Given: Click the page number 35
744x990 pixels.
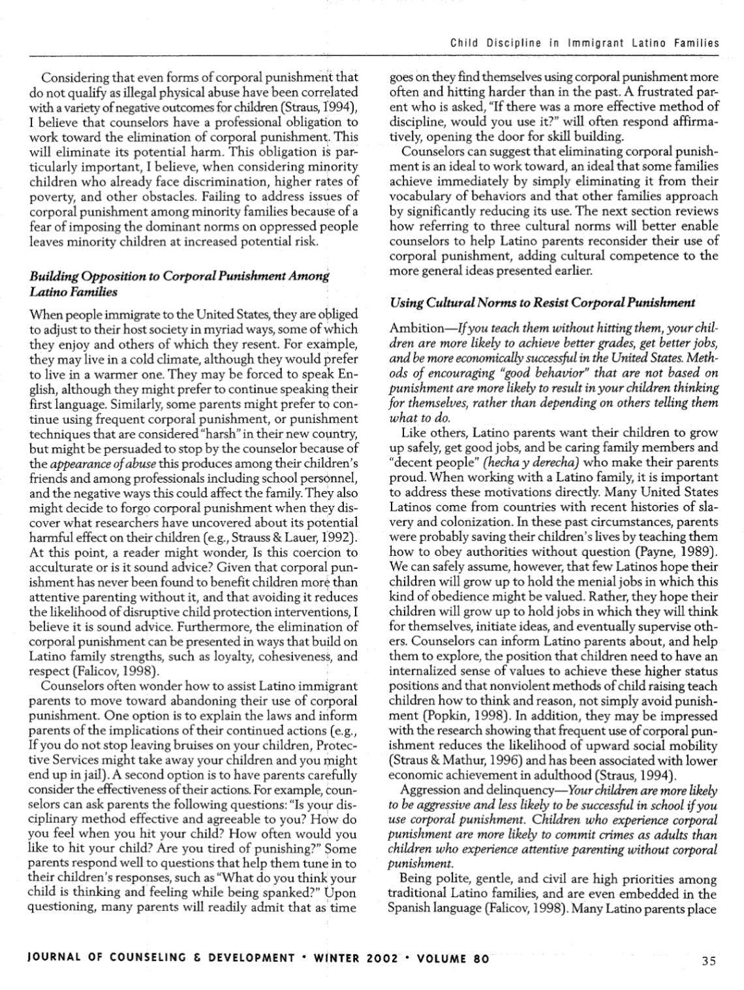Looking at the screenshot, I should point(709,960).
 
